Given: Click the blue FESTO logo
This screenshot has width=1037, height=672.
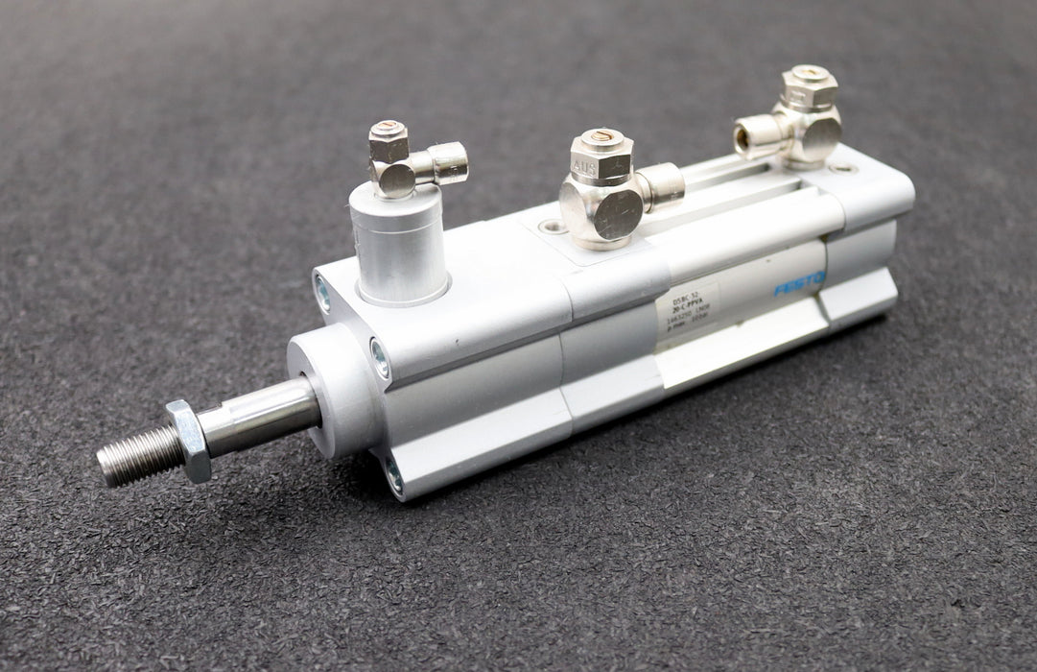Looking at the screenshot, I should point(799,285).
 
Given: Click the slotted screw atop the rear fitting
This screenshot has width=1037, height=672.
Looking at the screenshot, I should point(809,72).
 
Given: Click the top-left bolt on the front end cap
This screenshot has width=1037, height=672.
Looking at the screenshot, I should point(322,291).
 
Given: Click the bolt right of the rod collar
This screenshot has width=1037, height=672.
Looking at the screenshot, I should point(380,357).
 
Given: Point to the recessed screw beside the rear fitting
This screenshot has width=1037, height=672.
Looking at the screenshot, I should point(841,168).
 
